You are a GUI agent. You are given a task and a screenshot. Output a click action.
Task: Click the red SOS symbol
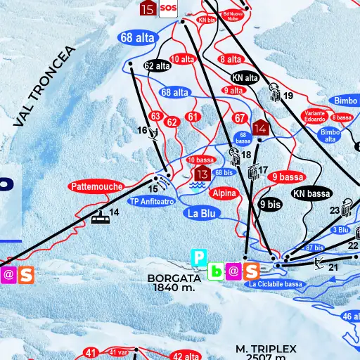pos(168,8)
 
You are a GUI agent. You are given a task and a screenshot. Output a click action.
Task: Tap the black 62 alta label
pos(158,66)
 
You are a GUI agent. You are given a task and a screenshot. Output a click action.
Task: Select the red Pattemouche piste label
pos(96,187)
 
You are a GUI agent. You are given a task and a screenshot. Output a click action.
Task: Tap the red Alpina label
pos(225,192)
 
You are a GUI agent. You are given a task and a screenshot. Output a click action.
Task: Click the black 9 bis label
pos(270,205)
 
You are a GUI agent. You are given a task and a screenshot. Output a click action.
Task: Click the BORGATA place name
pos(174,278)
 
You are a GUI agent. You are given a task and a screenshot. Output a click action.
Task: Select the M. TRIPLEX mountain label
pos(266,349)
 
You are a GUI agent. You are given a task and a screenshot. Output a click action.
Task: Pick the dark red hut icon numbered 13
pos(202,173)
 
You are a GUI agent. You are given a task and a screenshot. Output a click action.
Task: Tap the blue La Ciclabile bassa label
pos(275,284)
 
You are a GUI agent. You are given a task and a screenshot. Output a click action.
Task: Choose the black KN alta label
pos(245,78)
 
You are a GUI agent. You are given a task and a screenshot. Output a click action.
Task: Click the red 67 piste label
pos(240,117)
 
